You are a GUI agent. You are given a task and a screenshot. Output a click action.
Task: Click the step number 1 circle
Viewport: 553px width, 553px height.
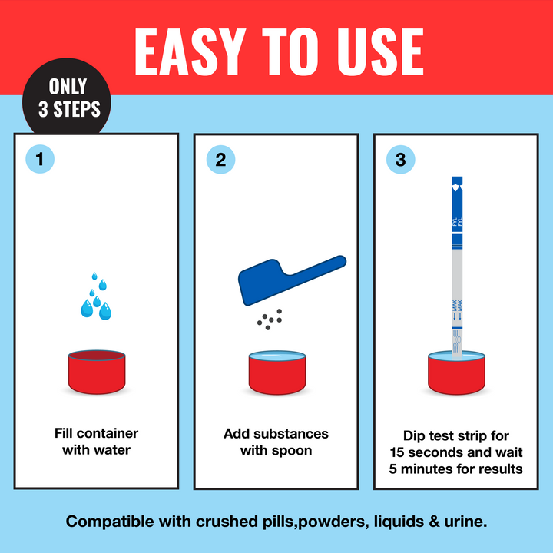[x=40, y=160]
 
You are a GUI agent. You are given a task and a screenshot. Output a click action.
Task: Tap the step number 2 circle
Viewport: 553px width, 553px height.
[x=220, y=160]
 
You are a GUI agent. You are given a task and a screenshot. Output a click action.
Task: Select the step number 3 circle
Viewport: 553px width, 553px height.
[x=400, y=160]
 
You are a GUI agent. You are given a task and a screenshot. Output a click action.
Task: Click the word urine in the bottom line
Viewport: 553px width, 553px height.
[x=462, y=522]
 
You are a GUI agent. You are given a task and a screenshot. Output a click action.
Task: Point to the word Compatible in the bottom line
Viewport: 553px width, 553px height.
[x=110, y=522]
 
